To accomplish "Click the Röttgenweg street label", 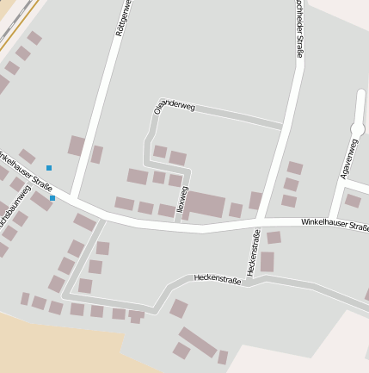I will [x=123, y=18].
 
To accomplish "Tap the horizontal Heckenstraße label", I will [x=217, y=278].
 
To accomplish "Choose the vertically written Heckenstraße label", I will [x=254, y=252].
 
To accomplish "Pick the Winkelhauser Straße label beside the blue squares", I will [x=27, y=169].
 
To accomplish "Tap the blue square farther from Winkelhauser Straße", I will [x=49, y=167].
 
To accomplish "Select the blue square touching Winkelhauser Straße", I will [x=52, y=198].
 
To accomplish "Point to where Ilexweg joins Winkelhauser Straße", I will [x=178, y=223].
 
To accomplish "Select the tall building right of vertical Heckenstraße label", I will [x=268, y=262].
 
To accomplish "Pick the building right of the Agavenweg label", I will [x=353, y=201].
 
